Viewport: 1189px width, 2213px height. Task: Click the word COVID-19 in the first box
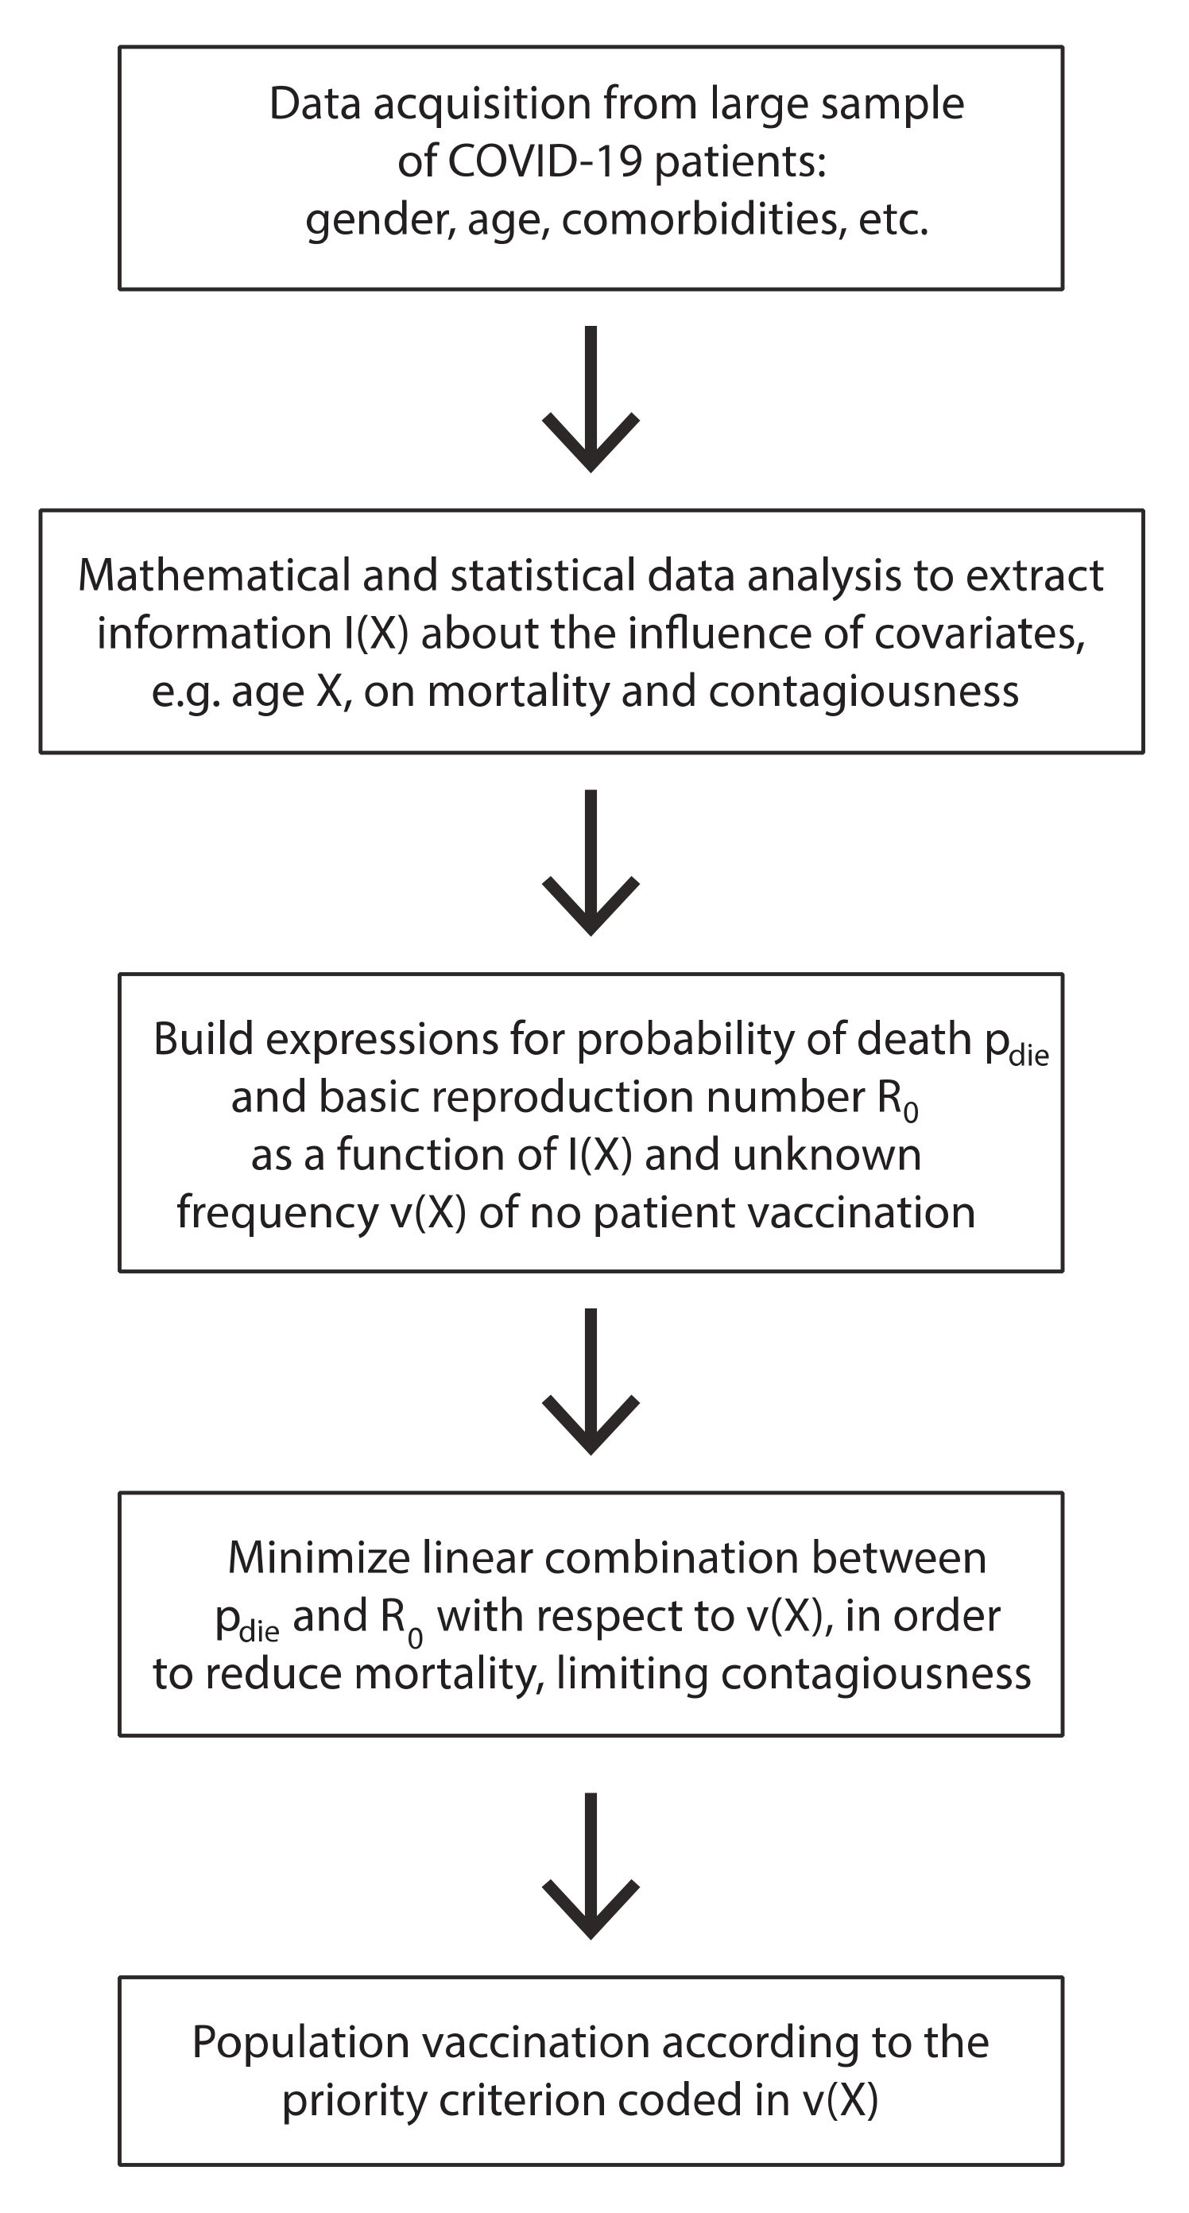[544, 161]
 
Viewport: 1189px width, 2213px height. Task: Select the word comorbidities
[699, 219]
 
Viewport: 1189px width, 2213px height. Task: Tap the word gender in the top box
[379, 221]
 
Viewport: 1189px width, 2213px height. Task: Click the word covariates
[978, 634]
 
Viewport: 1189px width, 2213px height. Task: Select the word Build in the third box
[203, 1039]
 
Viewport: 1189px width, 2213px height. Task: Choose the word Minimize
[318, 1557]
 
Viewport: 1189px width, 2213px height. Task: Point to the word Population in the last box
[300, 2042]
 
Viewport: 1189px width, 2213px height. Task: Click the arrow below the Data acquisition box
[591, 400]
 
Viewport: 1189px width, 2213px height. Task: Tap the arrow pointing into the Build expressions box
[591, 863]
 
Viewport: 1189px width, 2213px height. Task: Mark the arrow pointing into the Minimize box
[591, 1382]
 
